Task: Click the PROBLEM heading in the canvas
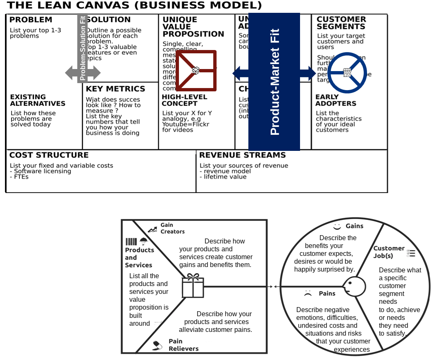31,20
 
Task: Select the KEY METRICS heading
115,89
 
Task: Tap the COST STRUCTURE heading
49,155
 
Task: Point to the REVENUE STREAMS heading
242,155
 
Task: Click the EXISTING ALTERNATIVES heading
38,100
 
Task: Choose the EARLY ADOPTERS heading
336,100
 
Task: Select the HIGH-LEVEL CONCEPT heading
180,100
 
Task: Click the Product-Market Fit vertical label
274,82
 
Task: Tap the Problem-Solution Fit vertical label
82,48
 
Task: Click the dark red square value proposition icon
196,71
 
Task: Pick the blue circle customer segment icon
347,73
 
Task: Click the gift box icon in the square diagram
193,286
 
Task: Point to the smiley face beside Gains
337,226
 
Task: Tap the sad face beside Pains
307,293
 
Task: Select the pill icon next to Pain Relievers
157,345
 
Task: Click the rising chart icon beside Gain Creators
153,229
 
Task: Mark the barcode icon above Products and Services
131,242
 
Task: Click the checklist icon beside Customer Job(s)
411,253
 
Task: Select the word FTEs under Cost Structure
21,176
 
